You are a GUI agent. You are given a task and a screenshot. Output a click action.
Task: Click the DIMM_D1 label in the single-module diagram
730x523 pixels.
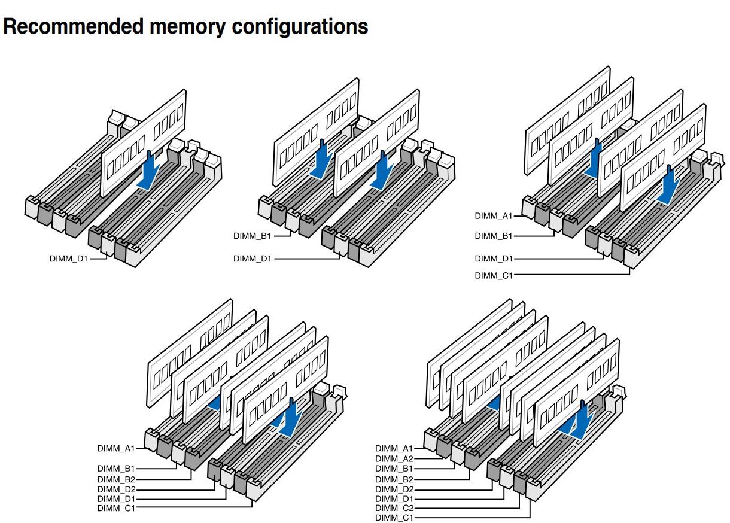[68, 259]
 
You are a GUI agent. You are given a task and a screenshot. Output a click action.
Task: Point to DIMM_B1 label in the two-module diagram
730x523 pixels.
[252, 236]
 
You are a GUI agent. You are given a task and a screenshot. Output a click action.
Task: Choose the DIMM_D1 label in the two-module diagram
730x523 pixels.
[252, 259]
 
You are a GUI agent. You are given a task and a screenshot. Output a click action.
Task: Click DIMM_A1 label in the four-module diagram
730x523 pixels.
[494, 215]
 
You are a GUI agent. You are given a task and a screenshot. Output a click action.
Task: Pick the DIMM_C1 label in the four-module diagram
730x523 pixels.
[494, 275]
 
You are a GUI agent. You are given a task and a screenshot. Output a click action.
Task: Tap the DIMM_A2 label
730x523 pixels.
[394, 458]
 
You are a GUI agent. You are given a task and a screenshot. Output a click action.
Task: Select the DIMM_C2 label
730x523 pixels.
[394, 508]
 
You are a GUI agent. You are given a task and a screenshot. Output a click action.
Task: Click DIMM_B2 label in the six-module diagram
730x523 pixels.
[116, 479]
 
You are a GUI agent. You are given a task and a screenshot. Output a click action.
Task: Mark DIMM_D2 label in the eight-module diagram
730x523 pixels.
[394, 489]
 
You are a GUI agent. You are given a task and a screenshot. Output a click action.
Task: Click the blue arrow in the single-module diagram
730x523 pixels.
[148, 170]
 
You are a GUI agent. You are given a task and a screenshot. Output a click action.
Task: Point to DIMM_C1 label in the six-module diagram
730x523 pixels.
[116, 508]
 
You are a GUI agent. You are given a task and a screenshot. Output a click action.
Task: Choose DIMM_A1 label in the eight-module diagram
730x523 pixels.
[394, 448]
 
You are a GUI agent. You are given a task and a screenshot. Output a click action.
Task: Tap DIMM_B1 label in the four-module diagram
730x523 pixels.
[494, 236]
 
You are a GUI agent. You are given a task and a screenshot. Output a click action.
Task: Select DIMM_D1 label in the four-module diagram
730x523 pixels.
[494, 259]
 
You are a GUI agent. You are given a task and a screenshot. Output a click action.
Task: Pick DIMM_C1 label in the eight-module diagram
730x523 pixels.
[394, 518]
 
